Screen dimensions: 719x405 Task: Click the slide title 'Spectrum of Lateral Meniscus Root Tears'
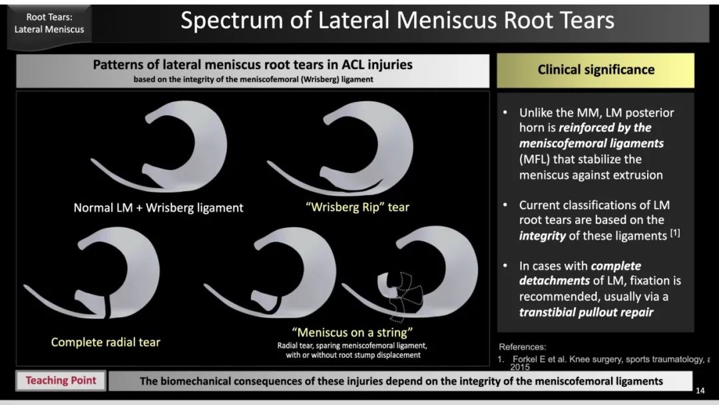pyautogui.click(x=397, y=20)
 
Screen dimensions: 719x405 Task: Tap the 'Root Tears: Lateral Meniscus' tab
pyautogui.click(x=49, y=23)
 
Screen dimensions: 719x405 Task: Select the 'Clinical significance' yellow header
pyautogui.click(x=596, y=70)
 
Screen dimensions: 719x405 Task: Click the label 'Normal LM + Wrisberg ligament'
pyautogui.click(x=158, y=208)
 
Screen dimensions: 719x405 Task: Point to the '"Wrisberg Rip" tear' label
pyautogui.click(x=358, y=207)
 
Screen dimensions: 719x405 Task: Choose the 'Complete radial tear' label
pyautogui.click(x=105, y=342)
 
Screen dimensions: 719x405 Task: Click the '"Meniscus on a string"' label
pyautogui.click(x=352, y=332)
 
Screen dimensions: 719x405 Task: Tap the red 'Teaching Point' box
pyautogui.click(x=61, y=381)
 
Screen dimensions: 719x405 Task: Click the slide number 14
pyautogui.click(x=700, y=390)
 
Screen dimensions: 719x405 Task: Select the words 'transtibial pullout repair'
pyautogui.click(x=586, y=312)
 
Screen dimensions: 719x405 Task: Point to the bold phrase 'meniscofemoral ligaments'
pyautogui.click(x=591, y=144)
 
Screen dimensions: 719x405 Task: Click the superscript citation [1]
pyautogui.click(x=675, y=232)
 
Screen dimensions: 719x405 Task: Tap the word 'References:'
pyautogui.click(x=523, y=347)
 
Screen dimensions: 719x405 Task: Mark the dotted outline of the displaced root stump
pyautogui.click(x=405, y=296)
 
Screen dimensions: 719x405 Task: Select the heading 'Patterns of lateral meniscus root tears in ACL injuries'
pyautogui.click(x=253, y=65)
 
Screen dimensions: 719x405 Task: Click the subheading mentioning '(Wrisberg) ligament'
pyautogui.click(x=253, y=79)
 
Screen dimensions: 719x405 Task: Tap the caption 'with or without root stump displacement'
pyautogui.click(x=353, y=355)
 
